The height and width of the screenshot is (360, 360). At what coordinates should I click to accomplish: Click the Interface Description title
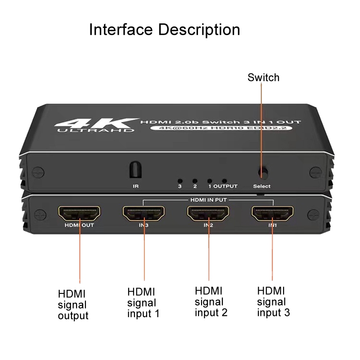pyautogui.click(x=164, y=30)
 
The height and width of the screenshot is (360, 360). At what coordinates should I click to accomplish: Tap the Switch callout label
pyautogui.click(x=263, y=77)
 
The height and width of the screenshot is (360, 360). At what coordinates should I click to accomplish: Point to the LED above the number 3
pyautogui.click(x=180, y=181)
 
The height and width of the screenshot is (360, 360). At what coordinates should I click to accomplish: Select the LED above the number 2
pyautogui.click(x=195, y=181)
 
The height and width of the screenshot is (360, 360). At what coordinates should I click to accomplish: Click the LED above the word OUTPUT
pyautogui.click(x=224, y=181)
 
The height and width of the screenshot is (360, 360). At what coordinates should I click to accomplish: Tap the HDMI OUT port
pyautogui.click(x=79, y=213)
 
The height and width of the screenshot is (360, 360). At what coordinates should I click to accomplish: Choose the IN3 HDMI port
pyautogui.click(x=144, y=213)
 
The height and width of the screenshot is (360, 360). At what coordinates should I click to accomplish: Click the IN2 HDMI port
pyautogui.click(x=208, y=213)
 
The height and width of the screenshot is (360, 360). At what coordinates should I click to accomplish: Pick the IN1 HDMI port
pyautogui.click(x=273, y=213)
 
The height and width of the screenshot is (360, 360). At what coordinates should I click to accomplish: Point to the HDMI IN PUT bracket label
pyautogui.click(x=208, y=200)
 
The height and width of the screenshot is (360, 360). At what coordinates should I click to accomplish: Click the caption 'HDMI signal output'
pyautogui.click(x=73, y=305)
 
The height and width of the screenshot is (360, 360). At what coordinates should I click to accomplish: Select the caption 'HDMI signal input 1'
pyautogui.click(x=143, y=303)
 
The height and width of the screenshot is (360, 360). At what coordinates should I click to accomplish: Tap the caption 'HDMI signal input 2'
pyautogui.click(x=211, y=301)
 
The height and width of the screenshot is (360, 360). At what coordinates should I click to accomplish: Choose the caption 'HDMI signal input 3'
pyautogui.click(x=274, y=301)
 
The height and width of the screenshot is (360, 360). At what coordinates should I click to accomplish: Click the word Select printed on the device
pyautogui.click(x=262, y=186)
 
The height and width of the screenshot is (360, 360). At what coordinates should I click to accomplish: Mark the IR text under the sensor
pyautogui.click(x=136, y=186)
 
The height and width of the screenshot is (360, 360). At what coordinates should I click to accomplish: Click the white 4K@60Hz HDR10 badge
pyautogui.click(x=221, y=128)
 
